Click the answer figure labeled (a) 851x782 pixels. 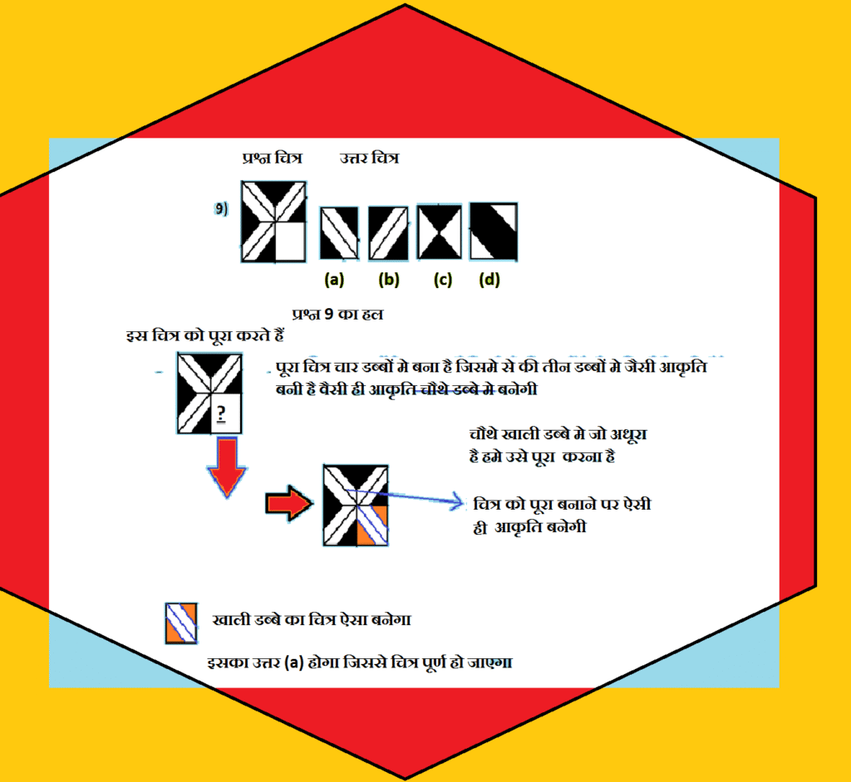click(x=339, y=232)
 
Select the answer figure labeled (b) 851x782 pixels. click(x=388, y=232)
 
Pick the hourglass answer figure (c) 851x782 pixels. click(x=440, y=232)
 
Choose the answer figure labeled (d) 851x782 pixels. click(x=494, y=232)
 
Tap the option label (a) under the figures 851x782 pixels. click(x=334, y=280)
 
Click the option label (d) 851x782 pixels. click(x=489, y=280)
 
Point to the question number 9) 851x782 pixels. click(x=221, y=209)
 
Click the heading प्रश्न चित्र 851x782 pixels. click(x=272, y=158)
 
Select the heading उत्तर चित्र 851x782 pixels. click(x=369, y=158)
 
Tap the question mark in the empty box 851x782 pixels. click(x=220, y=413)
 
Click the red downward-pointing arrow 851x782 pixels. click(x=227, y=467)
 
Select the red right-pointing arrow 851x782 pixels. click(x=289, y=503)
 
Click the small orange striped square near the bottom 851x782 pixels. click(x=181, y=623)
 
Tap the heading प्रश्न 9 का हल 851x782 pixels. click(x=337, y=314)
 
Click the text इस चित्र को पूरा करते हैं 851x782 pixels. click(x=205, y=335)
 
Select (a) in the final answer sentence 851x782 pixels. click(x=293, y=662)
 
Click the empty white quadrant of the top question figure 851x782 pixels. click(x=290, y=242)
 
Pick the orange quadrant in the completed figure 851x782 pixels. click(x=372, y=525)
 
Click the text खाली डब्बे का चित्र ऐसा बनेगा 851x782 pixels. click(x=312, y=620)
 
